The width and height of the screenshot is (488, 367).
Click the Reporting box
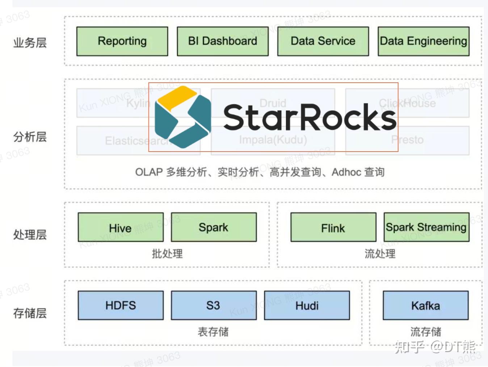click(x=122, y=41)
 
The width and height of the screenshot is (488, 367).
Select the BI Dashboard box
click(x=223, y=41)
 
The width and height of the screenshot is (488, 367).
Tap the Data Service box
click(x=323, y=41)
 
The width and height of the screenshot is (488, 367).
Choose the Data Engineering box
click(x=423, y=41)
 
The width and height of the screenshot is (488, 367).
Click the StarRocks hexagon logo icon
click(x=182, y=117)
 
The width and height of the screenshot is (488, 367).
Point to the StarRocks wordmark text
click(x=310, y=117)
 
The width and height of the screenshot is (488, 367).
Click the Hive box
click(x=121, y=227)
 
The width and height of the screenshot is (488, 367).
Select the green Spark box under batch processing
click(x=214, y=227)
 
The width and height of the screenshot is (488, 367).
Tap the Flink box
click(x=333, y=227)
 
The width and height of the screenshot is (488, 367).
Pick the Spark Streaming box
click(x=426, y=227)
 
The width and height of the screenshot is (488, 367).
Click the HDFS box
click(x=121, y=305)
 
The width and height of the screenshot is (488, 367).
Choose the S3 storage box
click(x=214, y=305)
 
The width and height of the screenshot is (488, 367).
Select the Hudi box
click(x=307, y=305)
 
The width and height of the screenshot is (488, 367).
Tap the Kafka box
click(x=425, y=305)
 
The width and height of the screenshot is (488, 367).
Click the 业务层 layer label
click(x=30, y=43)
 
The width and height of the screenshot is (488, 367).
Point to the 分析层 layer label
click(x=30, y=137)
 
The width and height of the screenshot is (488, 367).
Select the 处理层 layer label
click(x=30, y=235)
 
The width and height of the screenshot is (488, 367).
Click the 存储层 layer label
click(x=30, y=313)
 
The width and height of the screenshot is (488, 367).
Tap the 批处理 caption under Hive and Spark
click(x=167, y=253)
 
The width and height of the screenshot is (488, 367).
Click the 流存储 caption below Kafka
click(x=426, y=331)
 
